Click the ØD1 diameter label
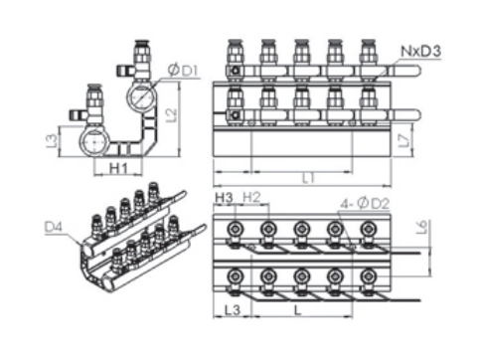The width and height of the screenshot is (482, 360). click(x=183, y=71)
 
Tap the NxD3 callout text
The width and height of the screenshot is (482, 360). click(x=421, y=52)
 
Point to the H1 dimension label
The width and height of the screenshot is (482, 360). click(x=118, y=168)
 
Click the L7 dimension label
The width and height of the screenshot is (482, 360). click(x=404, y=140)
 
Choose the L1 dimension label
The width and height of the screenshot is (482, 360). click(x=309, y=179)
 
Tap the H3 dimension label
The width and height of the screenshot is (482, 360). click(x=225, y=198)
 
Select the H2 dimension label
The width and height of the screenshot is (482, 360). click(x=251, y=197)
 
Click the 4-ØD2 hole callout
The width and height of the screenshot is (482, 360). click(x=365, y=204)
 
